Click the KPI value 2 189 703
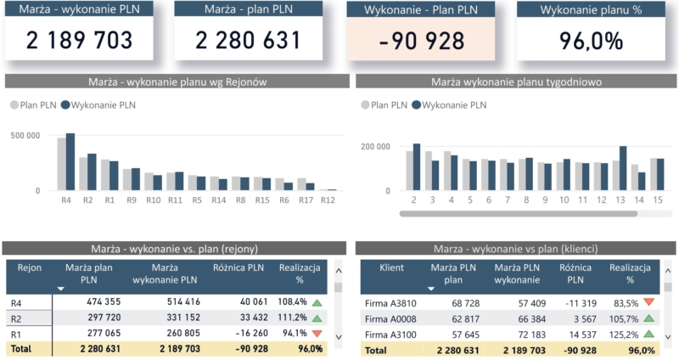[80, 40]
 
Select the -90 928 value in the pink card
[422, 40]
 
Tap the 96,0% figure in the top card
[592, 40]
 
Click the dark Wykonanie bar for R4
[70, 162]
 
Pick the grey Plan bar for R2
[83, 174]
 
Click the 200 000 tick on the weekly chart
[376, 147]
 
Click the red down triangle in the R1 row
[317, 334]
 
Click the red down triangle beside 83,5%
[649, 302]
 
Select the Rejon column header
[29, 267]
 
